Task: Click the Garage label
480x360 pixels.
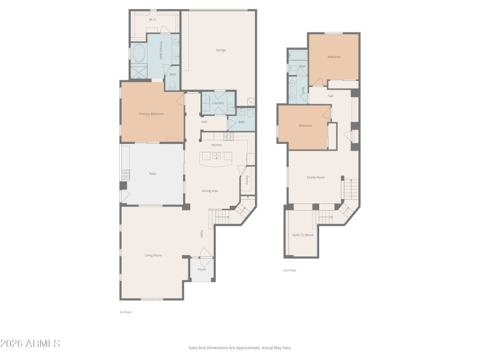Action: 220,50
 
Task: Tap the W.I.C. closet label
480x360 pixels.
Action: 153,20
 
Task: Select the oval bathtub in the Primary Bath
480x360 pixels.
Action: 139,54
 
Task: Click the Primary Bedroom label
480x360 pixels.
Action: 151,113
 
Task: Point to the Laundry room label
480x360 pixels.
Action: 218,103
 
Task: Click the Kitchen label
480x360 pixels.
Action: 217,145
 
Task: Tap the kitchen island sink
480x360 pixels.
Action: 217,157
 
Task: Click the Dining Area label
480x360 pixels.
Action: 209,191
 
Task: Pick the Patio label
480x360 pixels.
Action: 152,174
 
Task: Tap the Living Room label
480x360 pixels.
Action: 153,255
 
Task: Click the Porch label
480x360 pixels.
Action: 202,269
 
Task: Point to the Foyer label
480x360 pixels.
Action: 202,233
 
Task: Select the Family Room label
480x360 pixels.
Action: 316,177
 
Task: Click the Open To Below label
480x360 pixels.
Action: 302,235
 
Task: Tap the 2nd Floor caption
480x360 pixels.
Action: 290,271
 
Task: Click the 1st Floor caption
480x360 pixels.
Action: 125,312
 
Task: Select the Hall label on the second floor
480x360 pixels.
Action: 330,96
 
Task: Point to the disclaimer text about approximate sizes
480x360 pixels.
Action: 239,347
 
